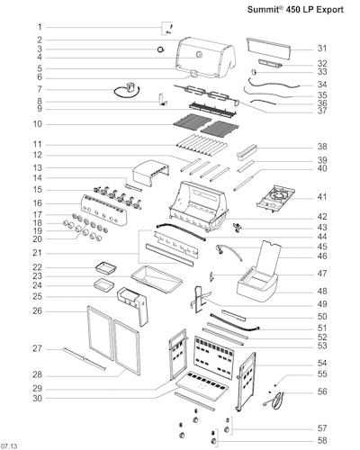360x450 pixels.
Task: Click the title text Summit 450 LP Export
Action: click(x=295, y=9)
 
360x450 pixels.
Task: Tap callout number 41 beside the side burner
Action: click(x=322, y=197)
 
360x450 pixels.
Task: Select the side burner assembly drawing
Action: click(x=275, y=198)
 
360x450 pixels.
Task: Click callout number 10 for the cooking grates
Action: click(x=38, y=124)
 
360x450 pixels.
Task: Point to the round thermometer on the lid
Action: click(x=199, y=55)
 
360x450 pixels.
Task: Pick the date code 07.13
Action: click(x=9, y=446)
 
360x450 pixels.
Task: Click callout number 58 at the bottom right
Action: click(x=322, y=440)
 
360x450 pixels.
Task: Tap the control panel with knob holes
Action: click(x=103, y=210)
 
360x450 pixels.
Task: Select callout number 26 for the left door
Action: click(x=38, y=311)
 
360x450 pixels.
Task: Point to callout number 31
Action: click(x=322, y=49)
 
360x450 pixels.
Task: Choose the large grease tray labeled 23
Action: click(x=157, y=279)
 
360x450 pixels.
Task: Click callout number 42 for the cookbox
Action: click(x=322, y=217)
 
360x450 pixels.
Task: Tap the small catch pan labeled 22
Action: click(x=105, y=267)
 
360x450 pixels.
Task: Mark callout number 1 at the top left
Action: click(x=40, y=27)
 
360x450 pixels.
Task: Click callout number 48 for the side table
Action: click(x=322, y=291)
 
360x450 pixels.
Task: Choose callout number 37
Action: click(x=322, y=111)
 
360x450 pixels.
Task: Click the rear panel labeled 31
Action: click(x=269, y=49)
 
